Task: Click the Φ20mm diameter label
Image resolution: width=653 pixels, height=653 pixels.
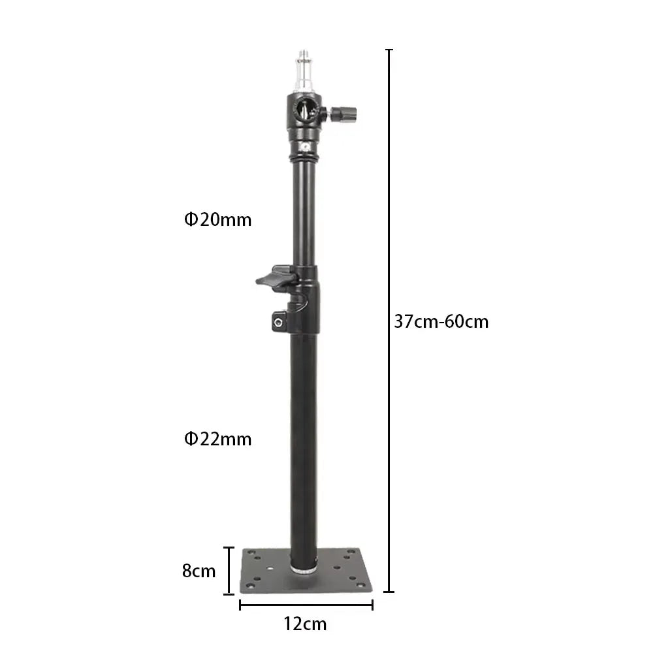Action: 218,220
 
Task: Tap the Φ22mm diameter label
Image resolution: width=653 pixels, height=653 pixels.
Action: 218,439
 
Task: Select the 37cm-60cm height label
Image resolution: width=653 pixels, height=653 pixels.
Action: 441,322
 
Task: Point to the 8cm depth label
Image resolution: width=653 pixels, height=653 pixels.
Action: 199,571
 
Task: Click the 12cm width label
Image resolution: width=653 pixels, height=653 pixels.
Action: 305,624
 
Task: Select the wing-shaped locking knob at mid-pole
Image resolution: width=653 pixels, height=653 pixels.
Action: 276,278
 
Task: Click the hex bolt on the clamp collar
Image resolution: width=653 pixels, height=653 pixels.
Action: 278,322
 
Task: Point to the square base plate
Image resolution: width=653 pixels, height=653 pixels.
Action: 306,571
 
